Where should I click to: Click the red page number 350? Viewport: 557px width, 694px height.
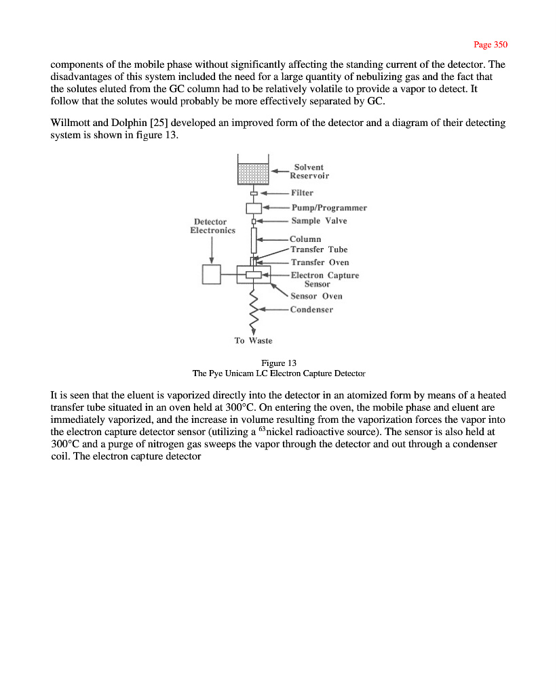pos(491,45)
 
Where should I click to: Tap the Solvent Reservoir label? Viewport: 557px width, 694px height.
pos(311,171)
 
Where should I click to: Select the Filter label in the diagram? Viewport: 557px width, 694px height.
pos(302,193)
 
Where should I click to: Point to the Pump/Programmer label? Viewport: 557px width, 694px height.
pos(329,207)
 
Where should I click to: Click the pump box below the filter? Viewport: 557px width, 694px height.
pos(253,207)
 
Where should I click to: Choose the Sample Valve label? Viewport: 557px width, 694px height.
pos(319,221)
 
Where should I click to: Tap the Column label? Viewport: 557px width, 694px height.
pos(305,239)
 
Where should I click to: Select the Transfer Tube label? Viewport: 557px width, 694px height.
pos(319,249)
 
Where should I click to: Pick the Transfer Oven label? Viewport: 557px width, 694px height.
pos(320,262)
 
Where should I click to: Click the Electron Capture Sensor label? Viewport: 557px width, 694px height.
pos(324,279)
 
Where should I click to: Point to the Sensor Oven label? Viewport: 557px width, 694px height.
pos(316,296)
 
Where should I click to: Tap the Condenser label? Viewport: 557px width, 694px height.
pos(311,310)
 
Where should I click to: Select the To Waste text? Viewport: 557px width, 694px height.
pos(253,340)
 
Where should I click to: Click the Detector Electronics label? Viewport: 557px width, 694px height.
pos(212,226)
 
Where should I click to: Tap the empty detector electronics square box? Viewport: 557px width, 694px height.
pos(212,274)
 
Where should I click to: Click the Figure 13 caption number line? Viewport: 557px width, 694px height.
pos(278,363)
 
